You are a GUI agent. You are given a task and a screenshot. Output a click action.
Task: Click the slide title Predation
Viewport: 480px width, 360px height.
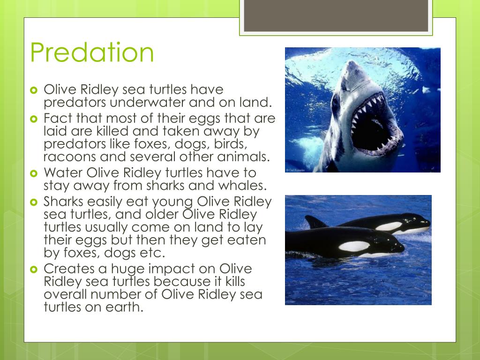(x=92, y=53)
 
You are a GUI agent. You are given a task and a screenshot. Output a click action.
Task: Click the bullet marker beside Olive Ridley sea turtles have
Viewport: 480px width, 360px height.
(x=33, y=90)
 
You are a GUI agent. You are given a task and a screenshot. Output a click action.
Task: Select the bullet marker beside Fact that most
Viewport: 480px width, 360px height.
(x=33, y=119)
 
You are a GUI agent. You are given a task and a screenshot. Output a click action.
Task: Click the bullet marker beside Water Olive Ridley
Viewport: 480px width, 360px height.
(x=33, y=173)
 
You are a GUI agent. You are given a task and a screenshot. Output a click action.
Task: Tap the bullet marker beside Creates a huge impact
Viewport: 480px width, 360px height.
(x=33, y=270)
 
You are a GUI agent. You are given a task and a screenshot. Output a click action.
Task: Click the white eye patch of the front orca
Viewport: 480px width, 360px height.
(x=354, y=246)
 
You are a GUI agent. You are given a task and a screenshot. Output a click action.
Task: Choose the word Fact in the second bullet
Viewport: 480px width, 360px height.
(x=58, y=118)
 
